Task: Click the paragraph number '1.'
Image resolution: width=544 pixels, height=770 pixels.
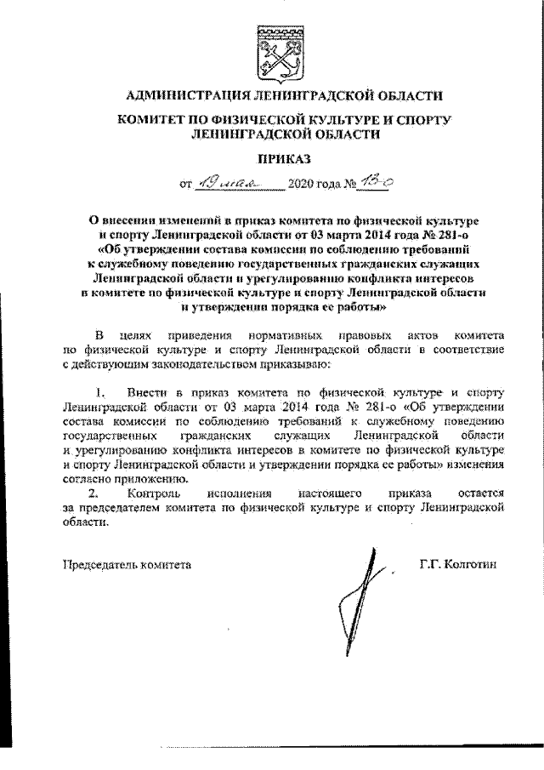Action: pyautogui.click(x=101, y=393)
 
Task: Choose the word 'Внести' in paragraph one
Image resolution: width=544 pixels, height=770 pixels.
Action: pyautogui.click(x=145, y=393)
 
